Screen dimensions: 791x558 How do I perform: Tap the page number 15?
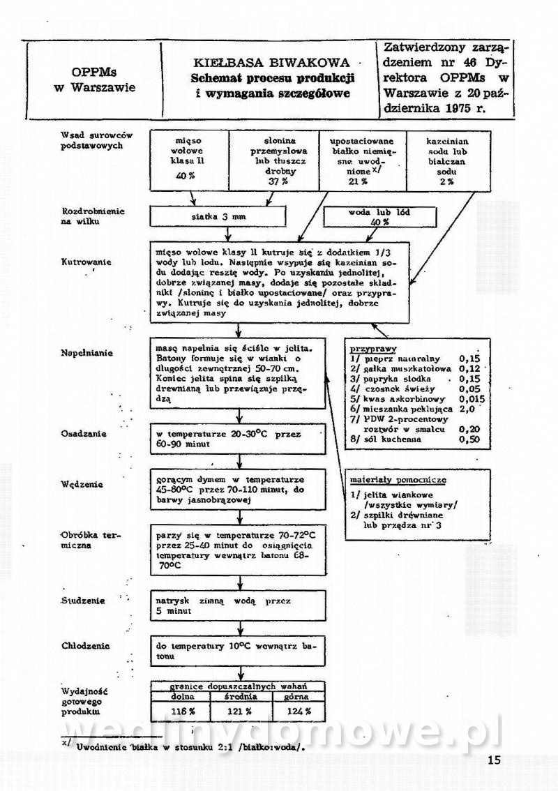tap(494, 760)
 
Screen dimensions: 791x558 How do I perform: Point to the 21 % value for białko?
tap(359, 181)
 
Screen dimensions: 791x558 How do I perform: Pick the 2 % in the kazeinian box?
tap(446, 181)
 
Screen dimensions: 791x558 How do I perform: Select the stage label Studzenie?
tap(83, 600)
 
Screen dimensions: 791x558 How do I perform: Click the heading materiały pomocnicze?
tap(399, 480)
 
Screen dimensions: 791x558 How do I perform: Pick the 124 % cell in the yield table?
tap(296, 711)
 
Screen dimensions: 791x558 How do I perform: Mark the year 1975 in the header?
tap(468, 108)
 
